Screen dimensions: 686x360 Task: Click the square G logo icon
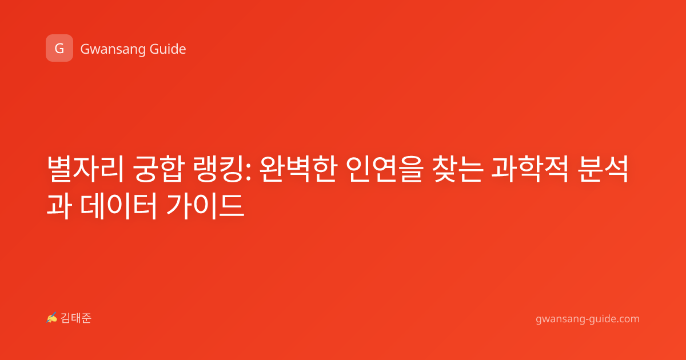coord(59,48)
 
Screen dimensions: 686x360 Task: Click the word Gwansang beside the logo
coord(113,50)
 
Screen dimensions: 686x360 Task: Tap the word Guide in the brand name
coord(167,49)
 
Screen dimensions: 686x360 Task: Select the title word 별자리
coord(85,169)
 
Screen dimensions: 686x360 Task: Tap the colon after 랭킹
coord(248,172)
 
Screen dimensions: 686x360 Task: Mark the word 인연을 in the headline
coord(385,169)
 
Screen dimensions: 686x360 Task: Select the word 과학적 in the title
coord(530,169)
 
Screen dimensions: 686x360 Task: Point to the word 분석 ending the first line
coord(603,169)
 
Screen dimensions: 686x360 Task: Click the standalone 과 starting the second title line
coord(59,205)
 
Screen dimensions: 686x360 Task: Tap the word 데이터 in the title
coord(119,205)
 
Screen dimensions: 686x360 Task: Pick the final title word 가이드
coord(205,205)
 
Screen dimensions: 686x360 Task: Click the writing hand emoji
coord(52,318)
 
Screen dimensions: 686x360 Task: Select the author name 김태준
coord(76,318)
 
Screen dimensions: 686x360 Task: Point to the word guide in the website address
coord(602,319)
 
